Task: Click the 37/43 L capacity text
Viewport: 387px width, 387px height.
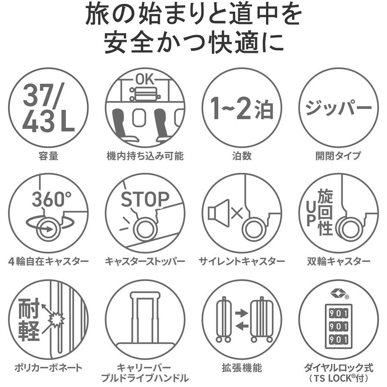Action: (48, 107)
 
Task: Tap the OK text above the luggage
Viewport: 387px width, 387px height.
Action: (144, 80)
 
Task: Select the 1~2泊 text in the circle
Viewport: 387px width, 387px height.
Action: (242, 108)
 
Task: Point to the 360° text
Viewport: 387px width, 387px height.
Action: (52, 199)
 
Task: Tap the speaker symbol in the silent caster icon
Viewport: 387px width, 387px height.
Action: (218, 213)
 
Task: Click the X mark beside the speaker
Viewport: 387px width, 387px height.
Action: (237, 213)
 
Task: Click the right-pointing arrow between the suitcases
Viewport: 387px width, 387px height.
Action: (242, 313)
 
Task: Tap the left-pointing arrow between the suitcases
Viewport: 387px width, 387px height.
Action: (242, 326)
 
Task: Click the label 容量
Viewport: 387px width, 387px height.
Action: (48, 156)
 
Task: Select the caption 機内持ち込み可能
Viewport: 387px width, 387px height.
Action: (145, 156)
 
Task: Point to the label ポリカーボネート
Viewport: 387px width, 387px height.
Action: (48, 368)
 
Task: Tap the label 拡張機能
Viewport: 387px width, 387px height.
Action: (242, 368)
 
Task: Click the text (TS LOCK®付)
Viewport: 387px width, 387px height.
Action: (339, 378)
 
